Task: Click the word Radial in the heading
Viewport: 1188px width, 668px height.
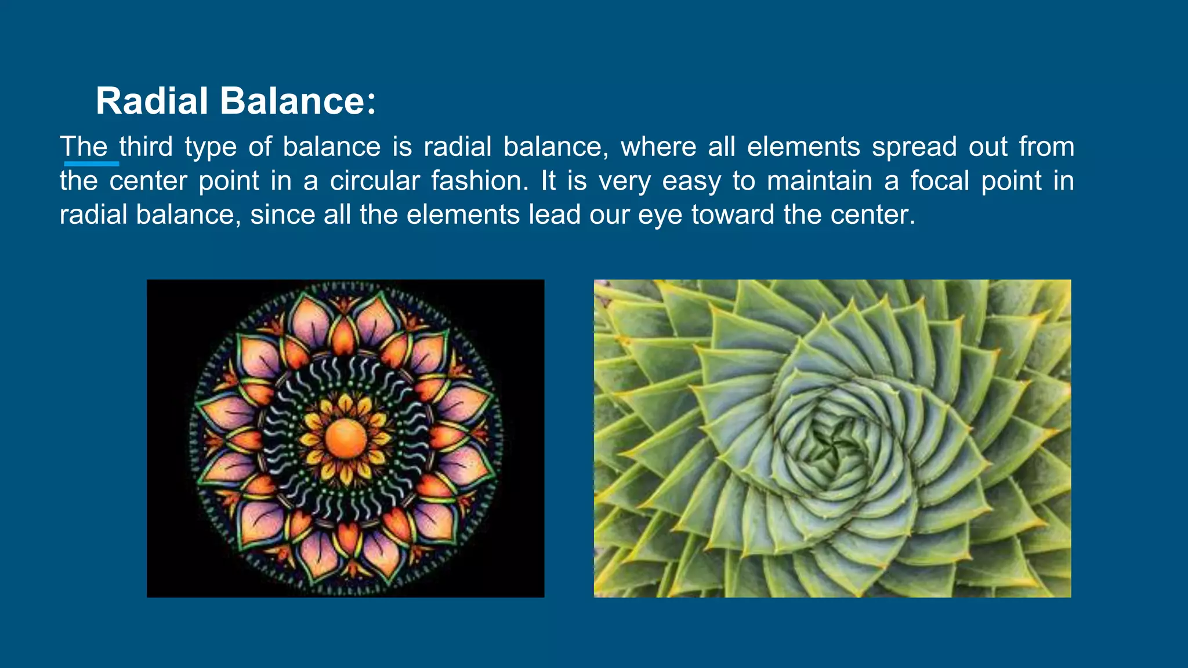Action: (152, 101)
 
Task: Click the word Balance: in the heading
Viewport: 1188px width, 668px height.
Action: (298, 101)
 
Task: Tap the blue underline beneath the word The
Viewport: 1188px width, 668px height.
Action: (91, 164)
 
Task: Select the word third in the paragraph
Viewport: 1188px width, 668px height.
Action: (146, 147)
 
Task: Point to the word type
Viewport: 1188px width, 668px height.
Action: (211, 147)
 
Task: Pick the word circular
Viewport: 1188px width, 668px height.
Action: (375, 181)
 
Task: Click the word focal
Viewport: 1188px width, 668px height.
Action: (940, 181)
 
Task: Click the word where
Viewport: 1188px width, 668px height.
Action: (658, 147)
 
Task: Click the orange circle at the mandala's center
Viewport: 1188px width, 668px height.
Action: (346, 438)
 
